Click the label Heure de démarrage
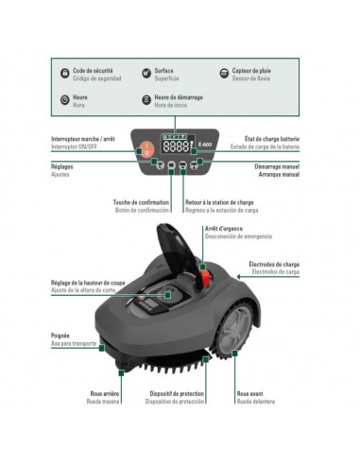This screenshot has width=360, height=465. click(177, 96)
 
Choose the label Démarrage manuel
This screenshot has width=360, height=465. click(277, 165)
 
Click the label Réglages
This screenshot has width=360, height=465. click(63, 165)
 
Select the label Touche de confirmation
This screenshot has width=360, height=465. click(141, 202)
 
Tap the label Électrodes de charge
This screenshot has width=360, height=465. click(275, 264)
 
